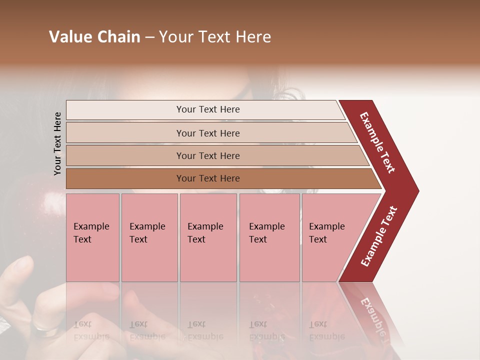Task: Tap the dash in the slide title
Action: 149,37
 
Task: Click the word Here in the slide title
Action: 253,37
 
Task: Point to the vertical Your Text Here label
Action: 57,143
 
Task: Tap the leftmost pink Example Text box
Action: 92,237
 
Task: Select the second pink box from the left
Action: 149,237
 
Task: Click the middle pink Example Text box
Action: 208,237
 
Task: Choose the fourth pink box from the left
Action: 269,237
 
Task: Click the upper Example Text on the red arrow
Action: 378,142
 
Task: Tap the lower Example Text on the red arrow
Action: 379,236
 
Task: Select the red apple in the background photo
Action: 35,220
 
